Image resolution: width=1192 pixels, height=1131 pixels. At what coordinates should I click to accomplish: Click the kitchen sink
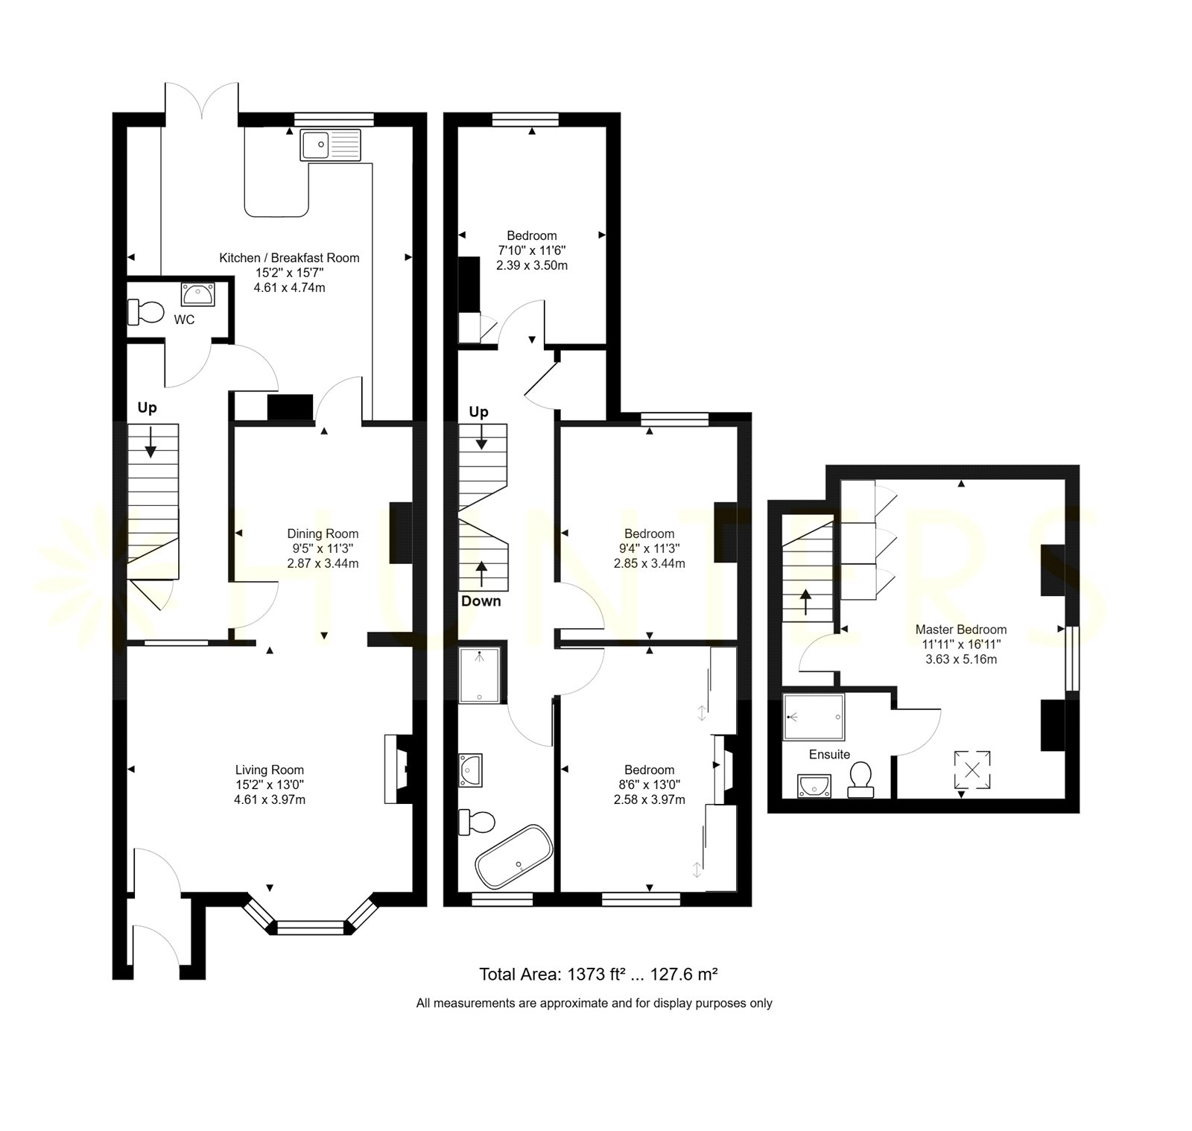(x=331, y=145)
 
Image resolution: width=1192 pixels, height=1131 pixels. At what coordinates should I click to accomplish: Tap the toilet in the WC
(x=145, y=312)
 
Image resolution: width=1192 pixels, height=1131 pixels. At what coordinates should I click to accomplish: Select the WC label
(x=184, y=320)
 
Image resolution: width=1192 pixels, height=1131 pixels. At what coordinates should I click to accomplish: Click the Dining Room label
(x=323, y=533)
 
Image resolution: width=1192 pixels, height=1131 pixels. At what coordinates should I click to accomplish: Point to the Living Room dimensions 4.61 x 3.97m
(x=270, y=799)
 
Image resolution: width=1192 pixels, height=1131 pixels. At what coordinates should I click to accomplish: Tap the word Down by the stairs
(x=481, y=601)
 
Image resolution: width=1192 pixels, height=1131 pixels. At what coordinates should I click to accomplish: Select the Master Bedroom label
(x=961, y=630)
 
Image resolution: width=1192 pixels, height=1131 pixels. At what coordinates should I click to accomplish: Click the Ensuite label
(x=829, y=754)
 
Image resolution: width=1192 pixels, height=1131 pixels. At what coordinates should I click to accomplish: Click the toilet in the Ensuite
(x=861, y=779)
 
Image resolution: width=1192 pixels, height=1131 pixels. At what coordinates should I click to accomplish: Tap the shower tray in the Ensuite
(x=814, y=717)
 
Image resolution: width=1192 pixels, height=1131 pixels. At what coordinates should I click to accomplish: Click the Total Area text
(x=598, y=974)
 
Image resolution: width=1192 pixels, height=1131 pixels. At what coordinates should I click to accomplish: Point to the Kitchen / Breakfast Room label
(x=289, y=258)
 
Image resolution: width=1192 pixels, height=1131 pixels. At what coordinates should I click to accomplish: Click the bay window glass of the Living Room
(x=311, y=928)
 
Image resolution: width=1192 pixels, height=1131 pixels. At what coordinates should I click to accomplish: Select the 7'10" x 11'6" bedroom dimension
(x=532, y=250)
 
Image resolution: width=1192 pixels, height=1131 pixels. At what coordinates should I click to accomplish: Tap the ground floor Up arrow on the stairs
(x=151, y=441)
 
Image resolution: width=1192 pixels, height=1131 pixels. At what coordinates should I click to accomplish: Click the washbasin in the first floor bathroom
(x=471, y=770)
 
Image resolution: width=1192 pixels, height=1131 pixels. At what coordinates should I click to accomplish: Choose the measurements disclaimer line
(x=595, y=1003)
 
